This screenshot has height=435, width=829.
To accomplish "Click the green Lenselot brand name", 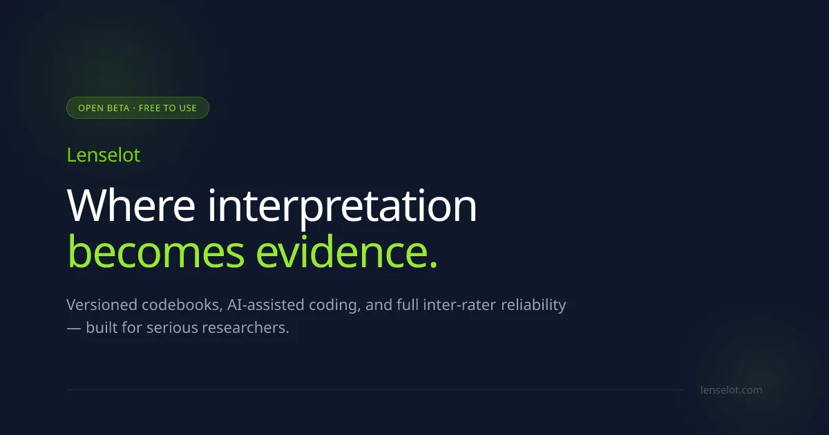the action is tap(103, 155).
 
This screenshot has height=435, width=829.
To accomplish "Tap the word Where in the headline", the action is tap(131, 205).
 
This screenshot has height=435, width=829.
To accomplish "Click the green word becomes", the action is tap(156, 251).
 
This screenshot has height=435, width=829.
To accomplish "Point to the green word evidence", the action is tap(341, 251).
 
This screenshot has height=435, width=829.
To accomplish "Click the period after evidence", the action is tap(434, 262).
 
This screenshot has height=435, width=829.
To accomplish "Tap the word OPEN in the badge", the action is tap(90, 108).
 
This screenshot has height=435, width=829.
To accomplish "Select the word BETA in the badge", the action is tap(118, 108).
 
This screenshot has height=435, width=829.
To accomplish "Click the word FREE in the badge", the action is tap(149, 108).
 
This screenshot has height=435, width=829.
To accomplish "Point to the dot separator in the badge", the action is tap(134, 108).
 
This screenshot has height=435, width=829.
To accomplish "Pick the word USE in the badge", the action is tap(188, 108).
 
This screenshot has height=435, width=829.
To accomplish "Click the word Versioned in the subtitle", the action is tap(102, 304).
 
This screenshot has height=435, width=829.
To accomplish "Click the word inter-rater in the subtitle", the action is tap(459, 304).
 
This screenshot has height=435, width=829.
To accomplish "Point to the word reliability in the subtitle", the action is tap(533, 305).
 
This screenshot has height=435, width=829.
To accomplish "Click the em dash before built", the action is tap(74, 328).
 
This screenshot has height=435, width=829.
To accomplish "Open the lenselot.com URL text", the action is tap(732, 390).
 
